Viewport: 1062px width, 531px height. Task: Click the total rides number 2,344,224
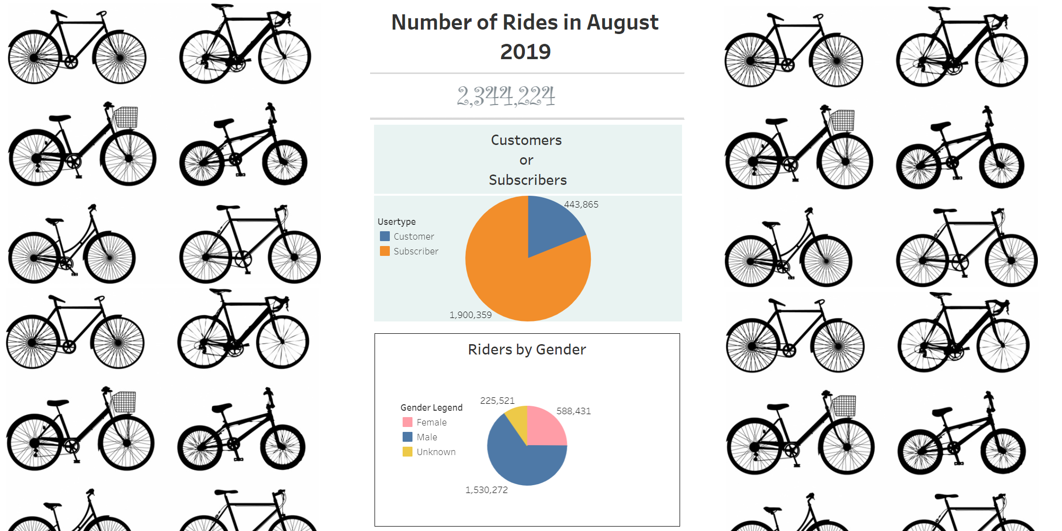[x=506, y=96]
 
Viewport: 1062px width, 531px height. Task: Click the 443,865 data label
[x=581, y=205]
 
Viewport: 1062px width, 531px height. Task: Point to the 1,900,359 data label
[x=470, y=315]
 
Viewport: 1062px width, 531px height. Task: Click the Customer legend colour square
[x=385, y=237]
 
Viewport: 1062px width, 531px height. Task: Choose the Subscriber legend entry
[x=415, y=251]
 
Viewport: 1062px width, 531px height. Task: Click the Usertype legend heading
[x=397, y=222]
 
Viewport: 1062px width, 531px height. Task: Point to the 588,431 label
[x=574, y=411]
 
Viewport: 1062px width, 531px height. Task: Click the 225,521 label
[x=497, y=401]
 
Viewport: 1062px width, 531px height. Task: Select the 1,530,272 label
[x=486, y=490]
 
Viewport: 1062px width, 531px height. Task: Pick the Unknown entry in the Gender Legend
[x=436, y=452]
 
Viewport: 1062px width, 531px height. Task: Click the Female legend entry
[x=431, y=423]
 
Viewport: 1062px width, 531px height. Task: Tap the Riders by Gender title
[x=527, y=350]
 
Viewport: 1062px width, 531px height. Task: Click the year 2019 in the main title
[x=525, y=52]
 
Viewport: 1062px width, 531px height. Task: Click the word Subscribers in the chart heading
[x=528, y=180]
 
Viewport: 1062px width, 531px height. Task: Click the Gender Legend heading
[x=431, y=408]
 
